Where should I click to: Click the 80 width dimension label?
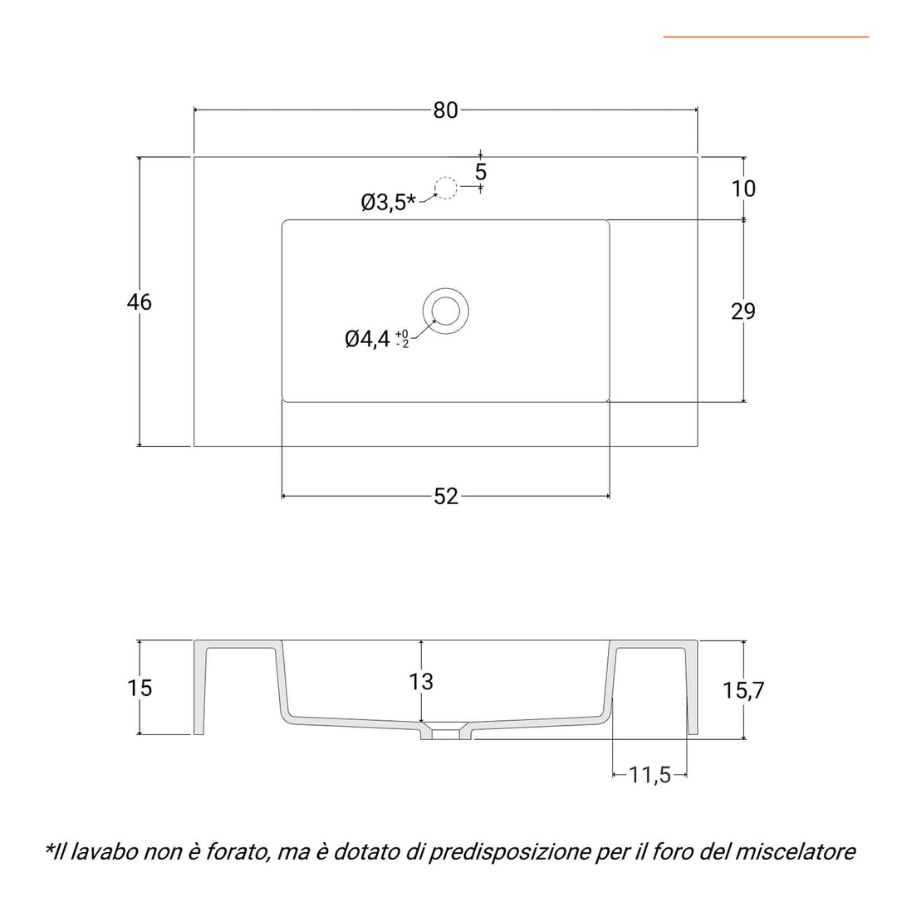coord(446,110)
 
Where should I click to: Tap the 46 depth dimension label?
coord(140,302)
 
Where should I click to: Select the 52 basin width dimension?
coord(446,496)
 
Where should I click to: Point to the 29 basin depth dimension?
coord(743,311)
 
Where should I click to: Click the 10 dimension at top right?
coord(744,189)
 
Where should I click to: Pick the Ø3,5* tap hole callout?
coord(388,202)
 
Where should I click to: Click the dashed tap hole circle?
coord(446,189)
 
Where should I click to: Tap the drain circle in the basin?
coord(446,309)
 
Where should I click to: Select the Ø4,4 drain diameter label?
coord(367,339)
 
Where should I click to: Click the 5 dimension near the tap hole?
coord(481,172)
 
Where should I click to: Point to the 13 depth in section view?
coord(421,682)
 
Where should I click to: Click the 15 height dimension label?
coord(140,688)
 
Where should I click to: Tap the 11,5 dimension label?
coord(649,775)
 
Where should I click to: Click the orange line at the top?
coord(765,37)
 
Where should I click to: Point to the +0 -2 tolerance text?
coord(402,338)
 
